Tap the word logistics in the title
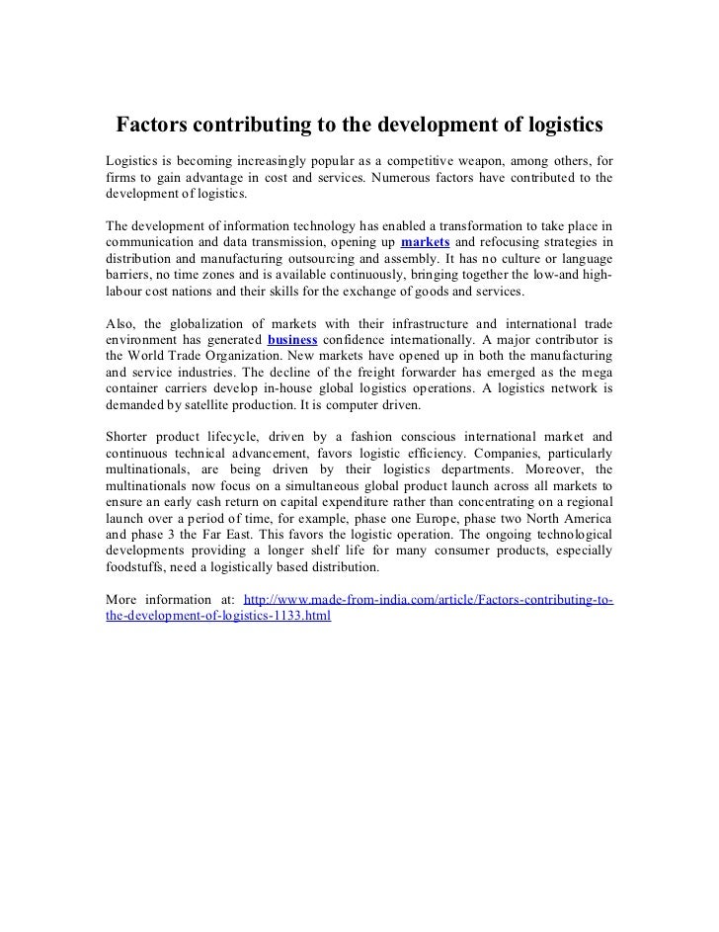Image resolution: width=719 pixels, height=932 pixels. [x=560, y=127]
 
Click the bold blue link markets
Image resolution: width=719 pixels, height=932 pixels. [x=426, y=242]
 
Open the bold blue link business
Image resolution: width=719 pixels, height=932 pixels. [x=292, y=340]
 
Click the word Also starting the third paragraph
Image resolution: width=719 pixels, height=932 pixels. [x=120, y=323]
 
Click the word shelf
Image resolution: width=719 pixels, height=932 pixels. [x=353, y=551]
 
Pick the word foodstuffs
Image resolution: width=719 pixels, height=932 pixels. [x=139, y=568]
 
